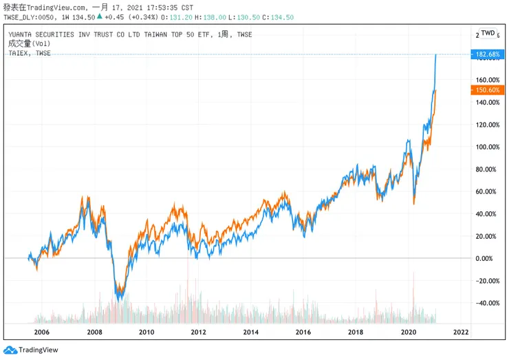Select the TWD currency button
[487, 33]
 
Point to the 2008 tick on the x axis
[94, 332]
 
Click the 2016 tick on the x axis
[303, 332]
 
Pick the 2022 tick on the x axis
[461, 332]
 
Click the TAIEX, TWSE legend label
[30, 53]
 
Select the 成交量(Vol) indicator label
[25, 43]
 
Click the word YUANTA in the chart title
[22, 34]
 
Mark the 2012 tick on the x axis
[199, 332]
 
